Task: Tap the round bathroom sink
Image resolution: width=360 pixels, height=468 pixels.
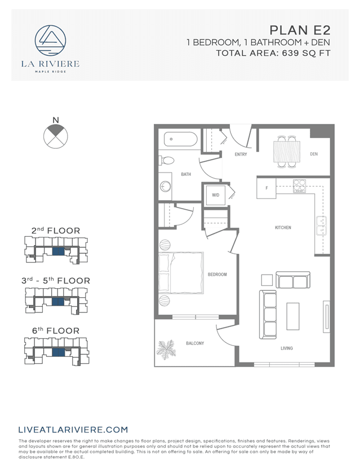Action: [166, 187]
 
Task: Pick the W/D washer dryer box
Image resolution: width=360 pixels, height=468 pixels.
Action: [216, 195]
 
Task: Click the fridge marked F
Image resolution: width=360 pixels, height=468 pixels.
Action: [266, 188]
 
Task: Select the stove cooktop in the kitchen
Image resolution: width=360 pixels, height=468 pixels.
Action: [299, 186]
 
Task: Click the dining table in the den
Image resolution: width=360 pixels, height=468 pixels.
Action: [286, 151]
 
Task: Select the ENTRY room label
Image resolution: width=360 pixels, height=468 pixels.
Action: [241, 154]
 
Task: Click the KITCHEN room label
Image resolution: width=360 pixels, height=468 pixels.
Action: [283, 228]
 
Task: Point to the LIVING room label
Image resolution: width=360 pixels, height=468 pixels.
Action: [287, 348]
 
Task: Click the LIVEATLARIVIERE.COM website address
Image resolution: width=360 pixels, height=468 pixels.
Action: [73, 429]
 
